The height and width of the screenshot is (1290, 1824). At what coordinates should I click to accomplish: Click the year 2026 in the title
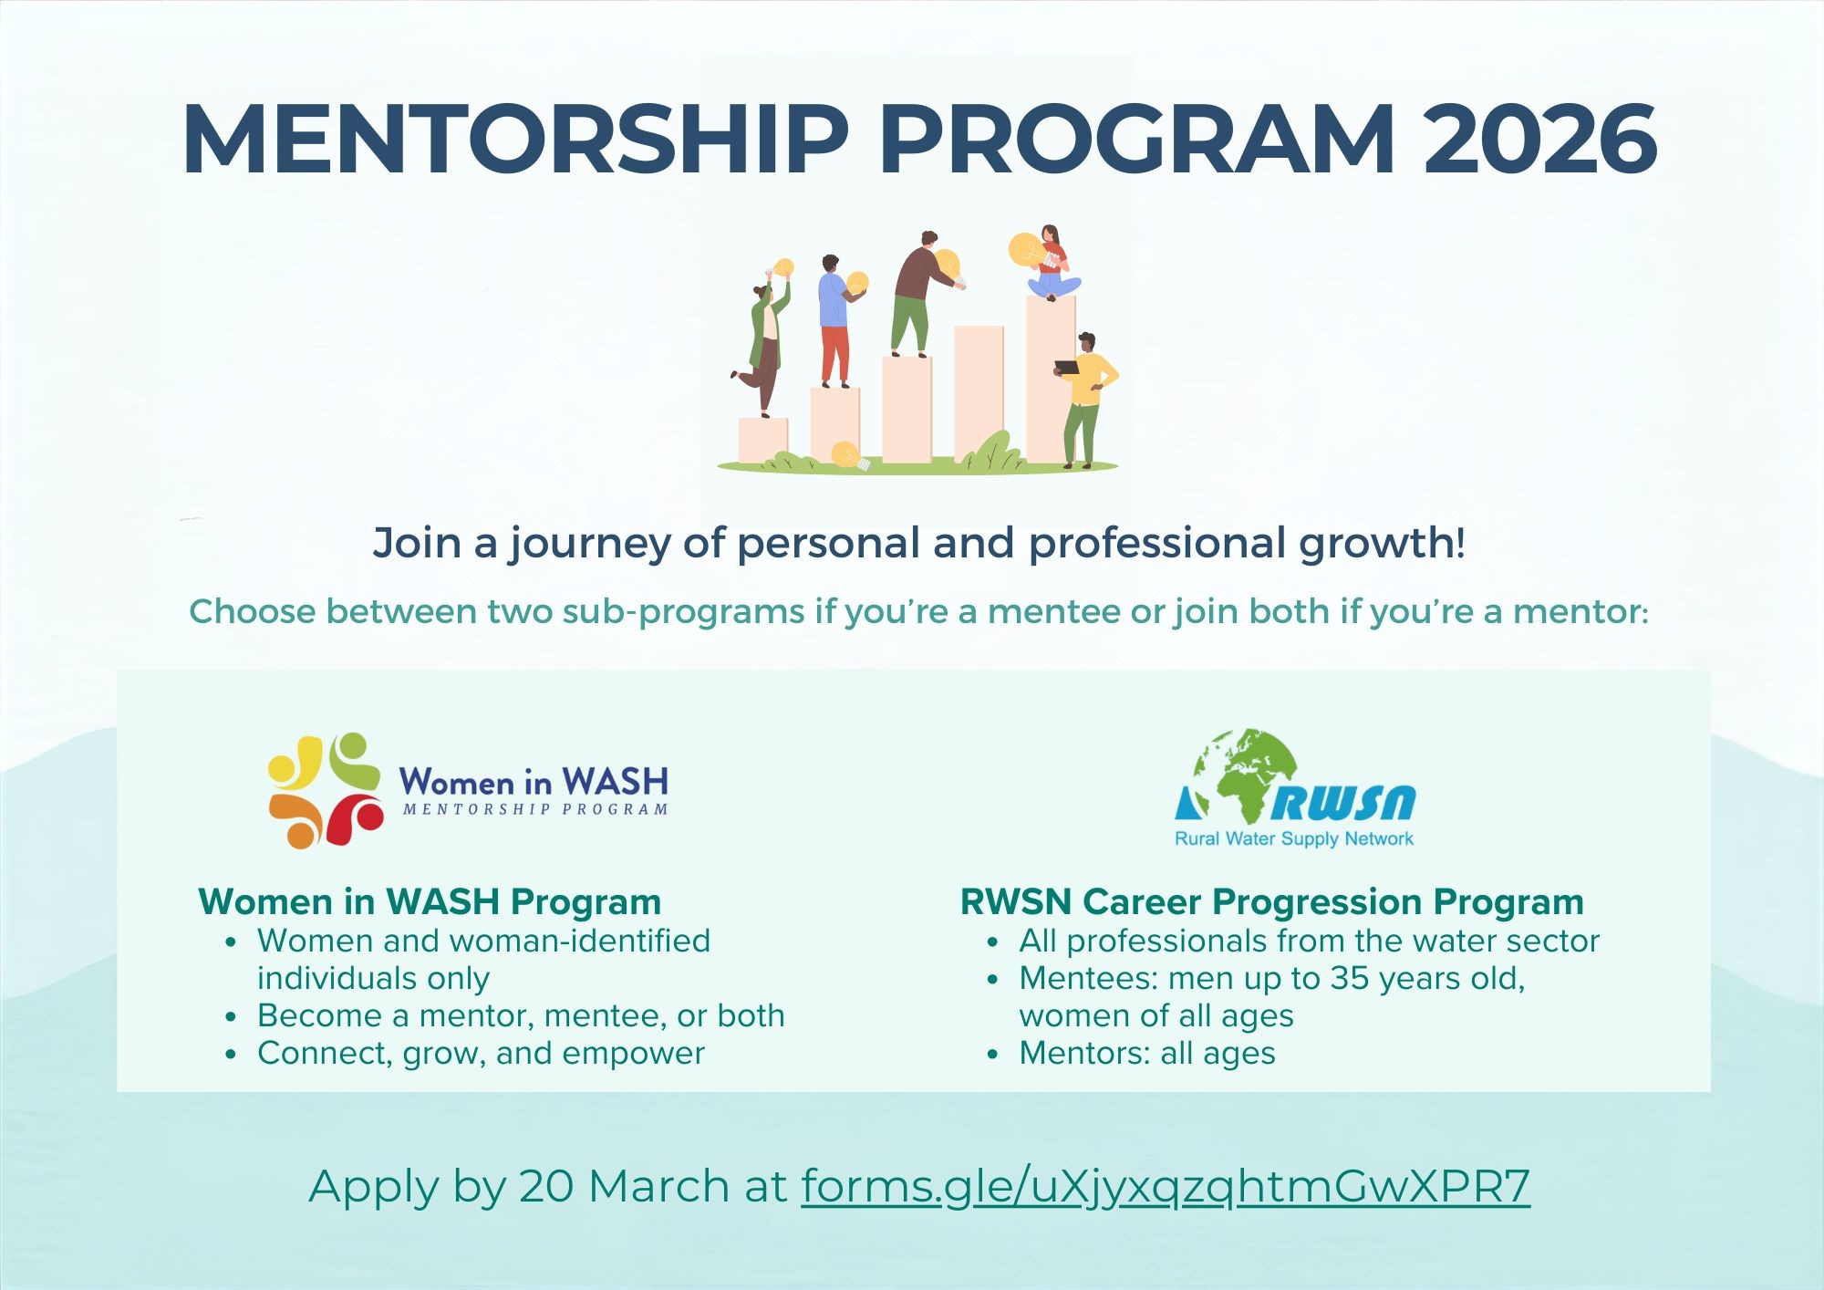coord(1539,140)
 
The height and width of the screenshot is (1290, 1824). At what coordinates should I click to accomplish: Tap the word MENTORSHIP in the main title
coord(515,140)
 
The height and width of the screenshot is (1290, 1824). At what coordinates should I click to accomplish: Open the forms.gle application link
coord(1165,1186)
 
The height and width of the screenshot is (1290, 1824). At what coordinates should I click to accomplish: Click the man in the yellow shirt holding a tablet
coord(1086,397)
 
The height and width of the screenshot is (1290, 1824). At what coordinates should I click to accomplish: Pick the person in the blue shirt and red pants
coord(834,319)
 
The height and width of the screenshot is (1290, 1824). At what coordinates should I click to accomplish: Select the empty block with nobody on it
coord(978,392)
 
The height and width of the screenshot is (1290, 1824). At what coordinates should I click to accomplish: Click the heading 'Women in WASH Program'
coord(430,901)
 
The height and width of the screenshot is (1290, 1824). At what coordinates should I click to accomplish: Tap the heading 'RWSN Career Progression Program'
coord(1271,901)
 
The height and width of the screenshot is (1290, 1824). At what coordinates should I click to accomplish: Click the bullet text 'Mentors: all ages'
coord(1146,1053)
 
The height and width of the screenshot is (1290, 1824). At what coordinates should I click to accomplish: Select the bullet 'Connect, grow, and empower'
coord(481,1053)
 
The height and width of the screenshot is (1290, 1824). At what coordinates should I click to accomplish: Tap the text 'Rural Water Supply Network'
coord(1293,838)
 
